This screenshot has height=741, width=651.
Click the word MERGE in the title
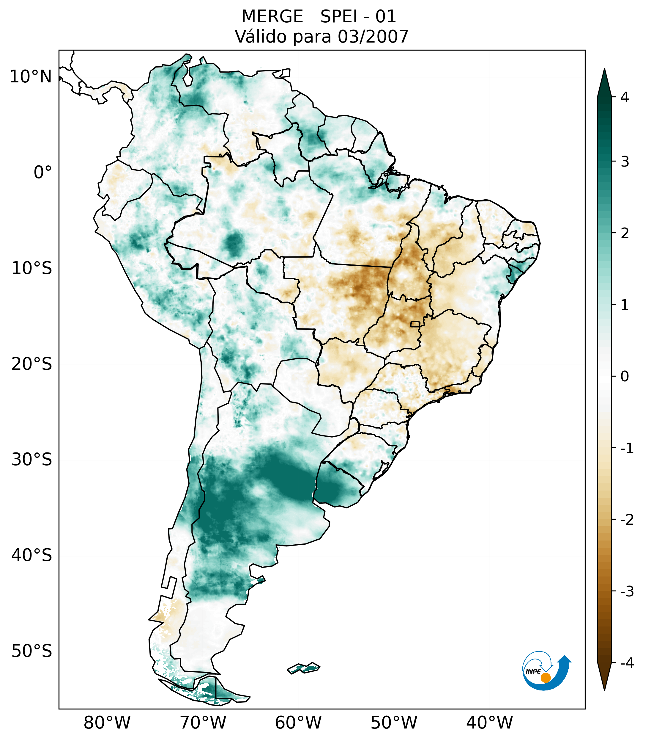[x=272, y=17]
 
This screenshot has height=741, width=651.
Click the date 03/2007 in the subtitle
[x=373, y=37]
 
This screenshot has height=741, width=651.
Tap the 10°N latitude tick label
[x=31, y=77]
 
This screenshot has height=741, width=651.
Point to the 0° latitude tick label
[x=43, y=173]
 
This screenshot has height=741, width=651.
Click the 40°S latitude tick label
[x=32, y=555]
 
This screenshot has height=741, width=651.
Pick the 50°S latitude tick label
[x=32, y=651]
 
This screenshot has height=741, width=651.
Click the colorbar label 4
[x=625, y=97]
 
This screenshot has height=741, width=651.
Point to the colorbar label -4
[x=627, y=663]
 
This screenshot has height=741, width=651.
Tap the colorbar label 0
[x=625, y=376]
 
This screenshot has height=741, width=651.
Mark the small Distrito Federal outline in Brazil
[x=415, y=323]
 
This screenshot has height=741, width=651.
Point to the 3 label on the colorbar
[x=625, y=162]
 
